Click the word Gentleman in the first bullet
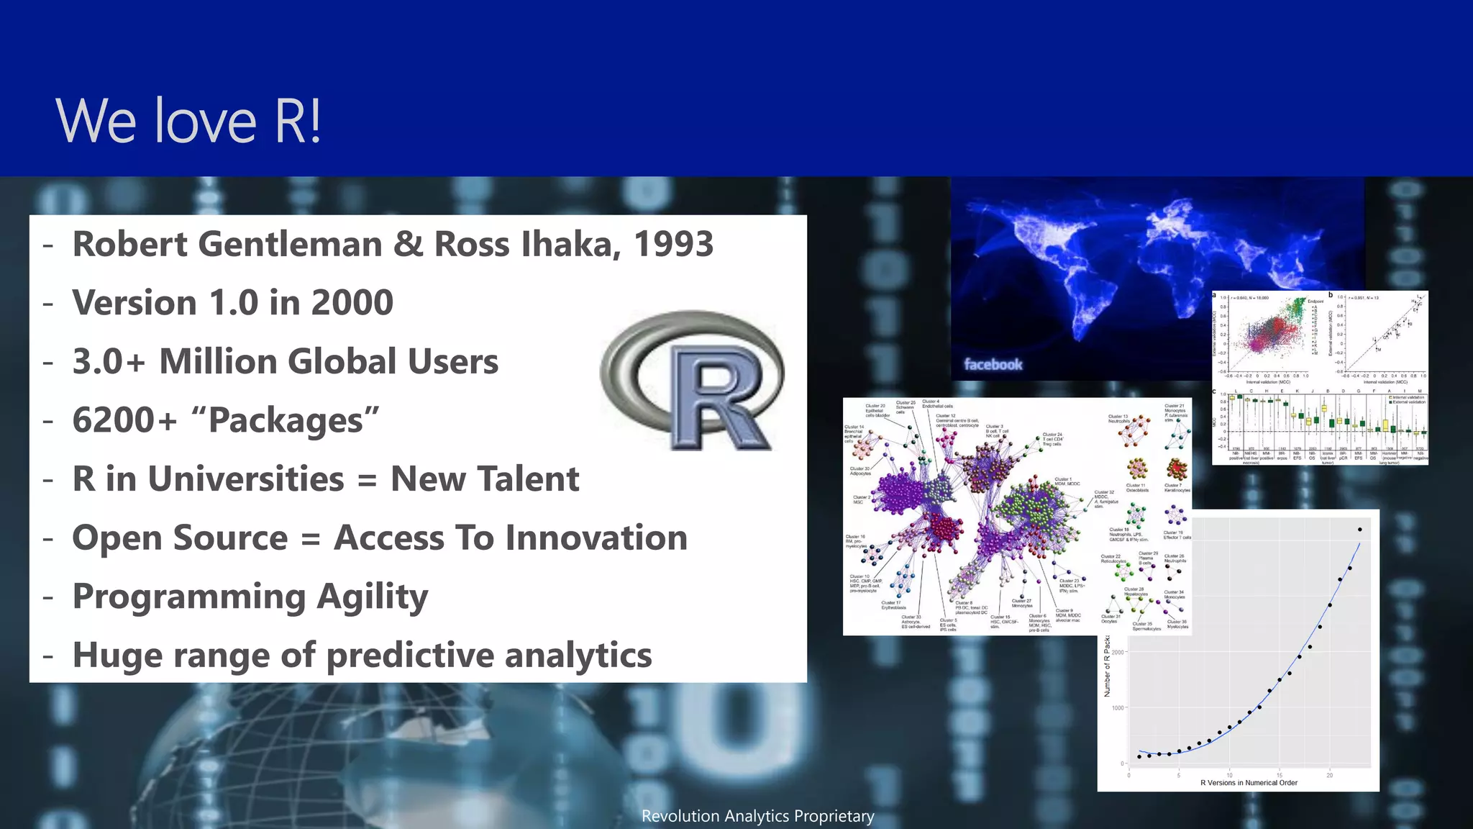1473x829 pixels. tap(290, 244)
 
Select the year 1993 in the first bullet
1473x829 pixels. tap(673, 244)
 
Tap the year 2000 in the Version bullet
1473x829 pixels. tap(352, 302)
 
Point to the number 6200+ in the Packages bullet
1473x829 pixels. tap(124, 420)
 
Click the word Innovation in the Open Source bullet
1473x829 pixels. tap(511, 538)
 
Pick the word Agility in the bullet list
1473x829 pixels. tap(373, 597)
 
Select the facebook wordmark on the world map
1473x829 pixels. tap(993, 364)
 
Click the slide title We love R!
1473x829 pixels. tap(188, 121)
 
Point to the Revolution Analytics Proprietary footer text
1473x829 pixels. tap(757, 816)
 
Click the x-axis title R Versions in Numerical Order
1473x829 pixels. tap(1249, 783)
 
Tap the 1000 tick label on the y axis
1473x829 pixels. tap(1118, 708)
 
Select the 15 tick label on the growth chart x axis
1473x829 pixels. tap(1279, 775)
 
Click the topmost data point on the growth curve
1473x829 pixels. tap(1359, 530)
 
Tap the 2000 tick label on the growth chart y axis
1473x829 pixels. tap(1118, 653)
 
